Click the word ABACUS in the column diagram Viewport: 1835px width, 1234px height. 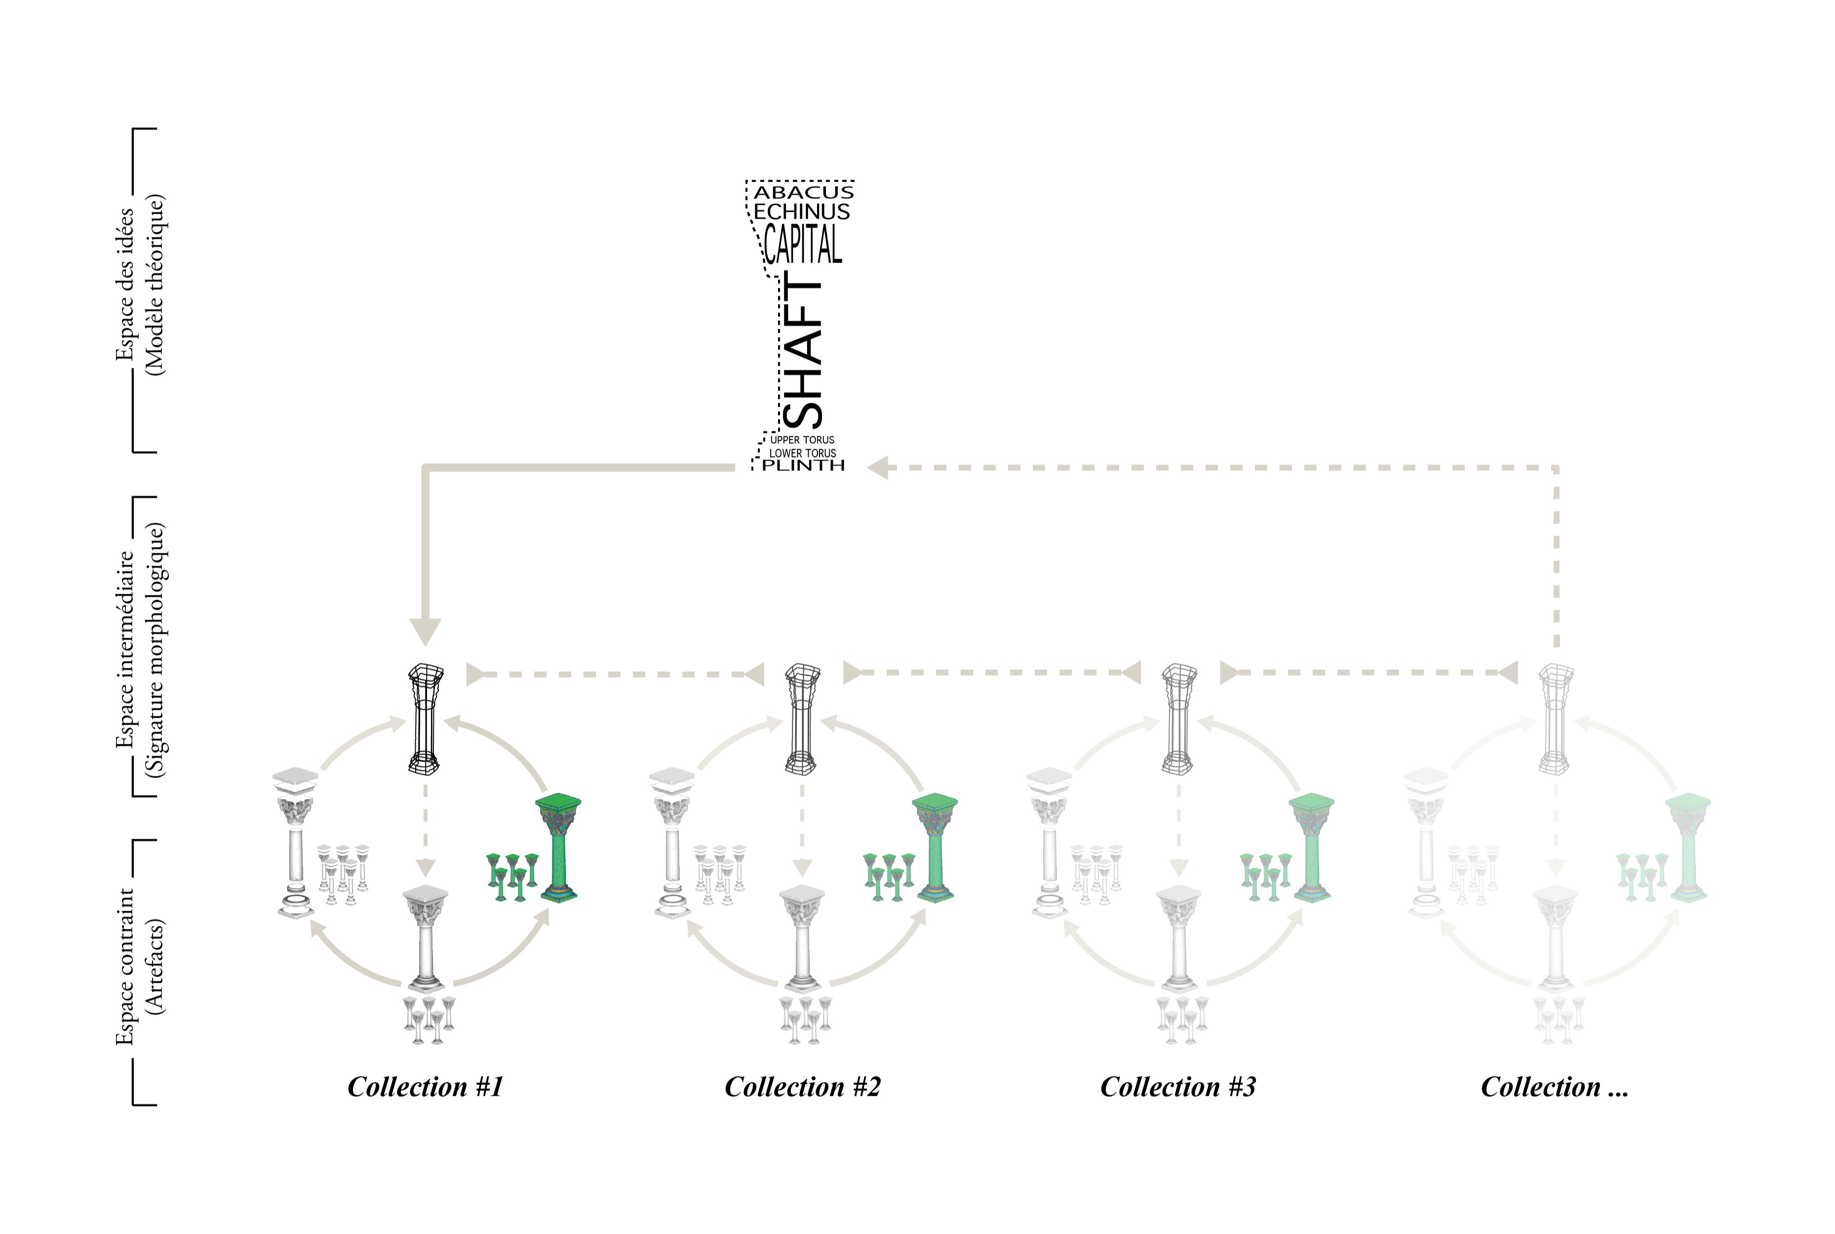click(803, 192)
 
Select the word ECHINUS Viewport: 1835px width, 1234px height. click(802, 212)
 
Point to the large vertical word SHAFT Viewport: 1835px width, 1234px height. click(803, 350)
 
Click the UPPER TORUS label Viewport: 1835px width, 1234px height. click(802, 440)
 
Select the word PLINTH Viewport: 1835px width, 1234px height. click(803, 466)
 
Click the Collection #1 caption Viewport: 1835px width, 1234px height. click(425, 1087)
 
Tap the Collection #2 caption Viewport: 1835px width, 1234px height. click(802, 1087)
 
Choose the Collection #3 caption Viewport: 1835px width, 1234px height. click(1178, 1087)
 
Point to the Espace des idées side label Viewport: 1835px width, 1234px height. click(140, 285)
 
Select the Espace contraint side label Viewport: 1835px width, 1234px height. click(140, 966)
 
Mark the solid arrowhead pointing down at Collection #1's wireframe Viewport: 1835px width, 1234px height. click(426, 631)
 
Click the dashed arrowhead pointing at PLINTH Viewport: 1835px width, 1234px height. click(878, 467)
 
